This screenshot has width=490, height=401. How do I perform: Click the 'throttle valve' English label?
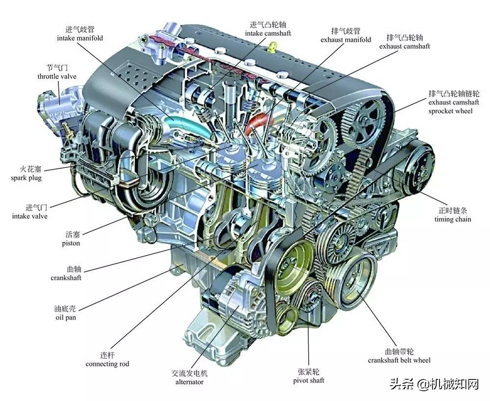click(x=57, y=76)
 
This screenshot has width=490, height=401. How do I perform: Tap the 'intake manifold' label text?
click(x=80, y=38)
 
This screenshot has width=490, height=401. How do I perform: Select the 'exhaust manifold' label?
click(x=345, y=40)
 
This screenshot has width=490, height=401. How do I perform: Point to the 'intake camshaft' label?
click(x=268, y=33)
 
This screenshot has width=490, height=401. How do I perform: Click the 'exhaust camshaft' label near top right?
click(x=405, y=46)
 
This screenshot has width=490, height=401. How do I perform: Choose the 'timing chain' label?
click(x=452, y=219)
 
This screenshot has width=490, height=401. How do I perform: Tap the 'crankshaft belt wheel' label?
click(x=399, y=360)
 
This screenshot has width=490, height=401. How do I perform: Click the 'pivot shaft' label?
click(x=308, y=380)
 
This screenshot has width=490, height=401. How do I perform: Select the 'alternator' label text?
click(x=189, y=381)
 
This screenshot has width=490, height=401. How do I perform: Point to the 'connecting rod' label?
click(x=107, y=364)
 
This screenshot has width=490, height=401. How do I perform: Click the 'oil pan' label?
click(x=66, y=317)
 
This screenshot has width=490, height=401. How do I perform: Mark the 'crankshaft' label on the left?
click(x=66, y=277)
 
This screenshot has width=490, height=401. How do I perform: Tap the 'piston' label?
click(x=71, y=243)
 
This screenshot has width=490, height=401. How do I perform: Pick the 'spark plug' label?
click(x=26, y=178)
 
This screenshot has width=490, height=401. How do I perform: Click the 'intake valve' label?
click(x=30, y=216)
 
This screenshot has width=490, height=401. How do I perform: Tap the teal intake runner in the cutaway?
click(x=188, y=126)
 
